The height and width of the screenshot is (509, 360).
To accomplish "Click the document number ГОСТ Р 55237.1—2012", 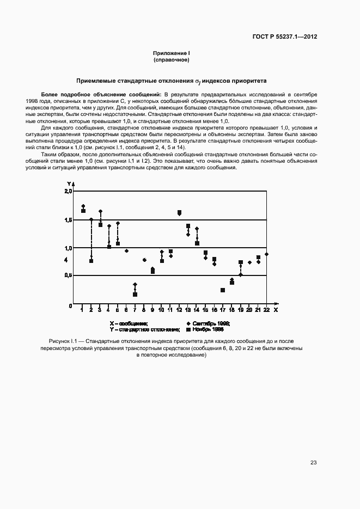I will (x=285, y=37).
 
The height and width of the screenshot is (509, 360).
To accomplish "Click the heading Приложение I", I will (x=171, y=53).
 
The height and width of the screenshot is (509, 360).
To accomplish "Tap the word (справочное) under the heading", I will (x=171, y=60).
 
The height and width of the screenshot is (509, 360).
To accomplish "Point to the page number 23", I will (x=314, y=463).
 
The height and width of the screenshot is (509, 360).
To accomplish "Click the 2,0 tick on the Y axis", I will (x=68, y=192).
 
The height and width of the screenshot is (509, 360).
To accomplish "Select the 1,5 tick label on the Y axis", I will (x=68, y=220).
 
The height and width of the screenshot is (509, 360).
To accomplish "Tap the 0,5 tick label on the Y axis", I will (x=68, y=275).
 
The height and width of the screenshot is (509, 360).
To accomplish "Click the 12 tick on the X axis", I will (x=179, y=310).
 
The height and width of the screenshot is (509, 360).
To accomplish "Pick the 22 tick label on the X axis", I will (x=266, y=310).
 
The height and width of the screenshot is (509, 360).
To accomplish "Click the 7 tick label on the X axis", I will (x=135, y=310).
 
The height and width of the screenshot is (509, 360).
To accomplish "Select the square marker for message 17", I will (x=223, y=290).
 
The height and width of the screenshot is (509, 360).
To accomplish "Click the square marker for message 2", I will (x=91, y=261).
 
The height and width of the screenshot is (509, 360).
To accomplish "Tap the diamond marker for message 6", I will (x=126, y=251).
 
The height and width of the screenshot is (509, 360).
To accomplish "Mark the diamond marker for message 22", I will (x=266, y=254).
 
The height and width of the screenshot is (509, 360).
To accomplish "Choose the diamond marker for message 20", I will (x=249, y=262).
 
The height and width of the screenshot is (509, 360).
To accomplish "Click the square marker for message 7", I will (x=135, y=295).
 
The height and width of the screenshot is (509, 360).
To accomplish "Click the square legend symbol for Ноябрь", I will (x=188, y=330).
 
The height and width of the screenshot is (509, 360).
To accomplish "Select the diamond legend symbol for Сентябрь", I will (x=188, y=323).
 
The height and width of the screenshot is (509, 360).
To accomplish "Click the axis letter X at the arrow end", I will (x=276, y=310).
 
